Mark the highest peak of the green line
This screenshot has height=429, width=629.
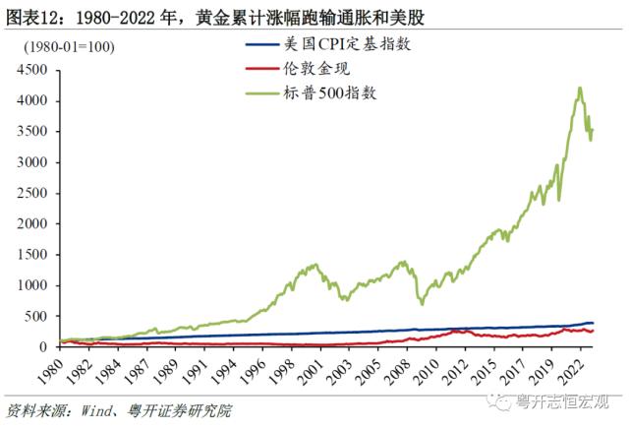click(580, 88)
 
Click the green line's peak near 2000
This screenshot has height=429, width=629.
click(314, 264)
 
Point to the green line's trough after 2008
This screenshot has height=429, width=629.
click(422, 304)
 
